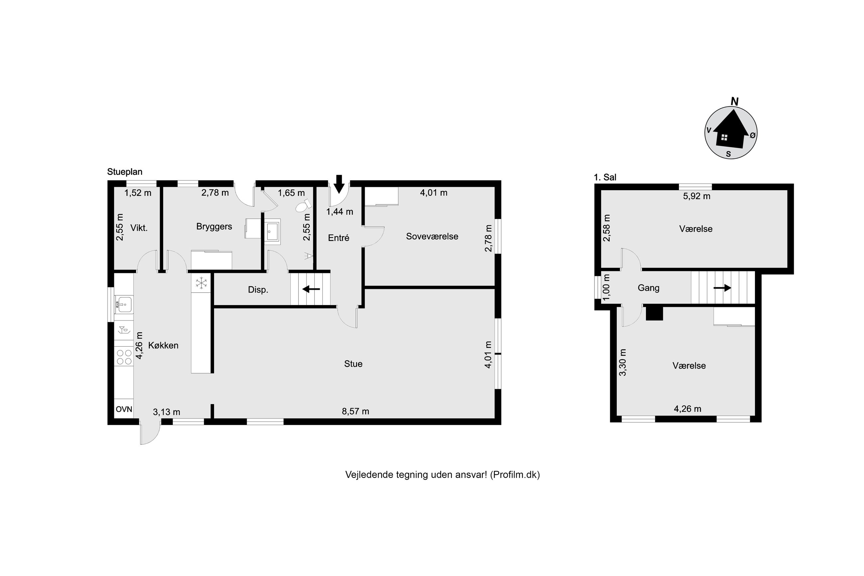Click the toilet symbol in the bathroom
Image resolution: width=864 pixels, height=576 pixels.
301,206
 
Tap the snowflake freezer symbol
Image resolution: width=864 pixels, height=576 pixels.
201,283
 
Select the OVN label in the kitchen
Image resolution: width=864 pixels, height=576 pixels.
124,409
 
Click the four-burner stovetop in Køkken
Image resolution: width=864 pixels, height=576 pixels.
124,357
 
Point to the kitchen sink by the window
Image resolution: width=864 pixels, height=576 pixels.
124,304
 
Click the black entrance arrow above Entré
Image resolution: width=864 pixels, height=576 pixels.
339,184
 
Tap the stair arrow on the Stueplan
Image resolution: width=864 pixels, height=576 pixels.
311,289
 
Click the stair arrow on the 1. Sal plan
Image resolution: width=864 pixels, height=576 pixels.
722,288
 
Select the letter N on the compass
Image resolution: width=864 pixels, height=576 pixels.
734,101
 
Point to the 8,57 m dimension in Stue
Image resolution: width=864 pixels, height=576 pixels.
355,411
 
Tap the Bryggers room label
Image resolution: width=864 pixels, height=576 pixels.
214,227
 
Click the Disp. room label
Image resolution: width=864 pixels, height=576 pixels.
258,290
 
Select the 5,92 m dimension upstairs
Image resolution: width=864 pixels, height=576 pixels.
696,196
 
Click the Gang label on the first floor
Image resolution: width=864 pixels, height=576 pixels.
648,288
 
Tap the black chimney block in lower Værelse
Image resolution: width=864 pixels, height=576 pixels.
654,313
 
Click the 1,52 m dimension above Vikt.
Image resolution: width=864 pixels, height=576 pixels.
138,193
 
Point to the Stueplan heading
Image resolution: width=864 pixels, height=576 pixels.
125,172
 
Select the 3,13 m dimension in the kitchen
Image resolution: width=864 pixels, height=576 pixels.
166,412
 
